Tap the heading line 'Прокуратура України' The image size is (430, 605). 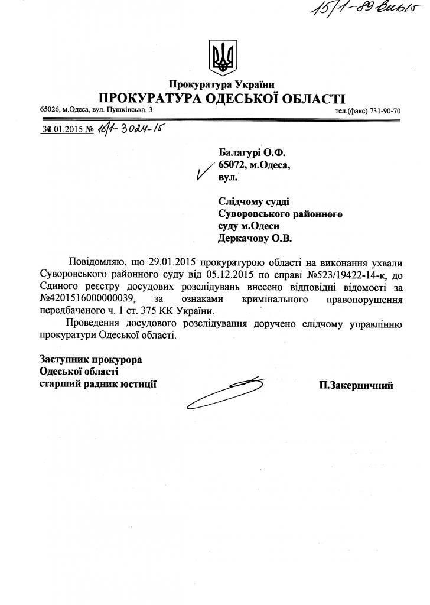click(x=221, y=84)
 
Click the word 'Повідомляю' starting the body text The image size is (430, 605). click(x=95, y=262)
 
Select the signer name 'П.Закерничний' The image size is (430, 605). click(x=356, y=385)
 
